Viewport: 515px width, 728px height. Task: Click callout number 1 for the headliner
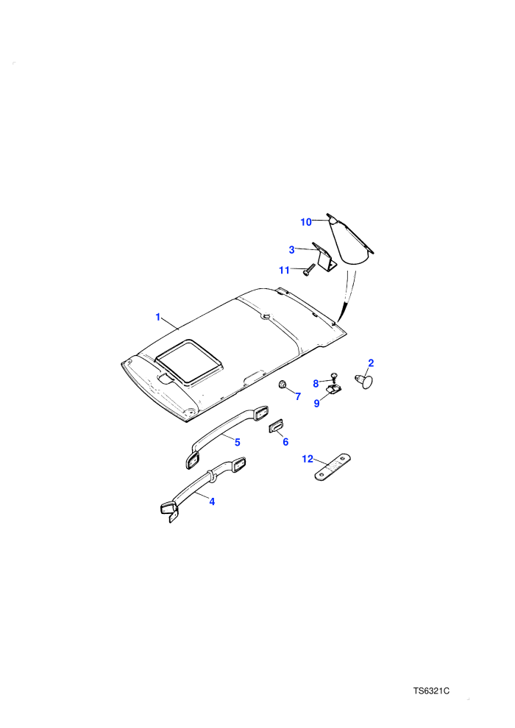[158, 317]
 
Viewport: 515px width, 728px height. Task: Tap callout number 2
[371, 363]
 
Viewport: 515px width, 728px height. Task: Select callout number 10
[306, 222]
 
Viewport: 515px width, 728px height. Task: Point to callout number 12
[308, 459]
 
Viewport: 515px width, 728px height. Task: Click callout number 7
[298, 396]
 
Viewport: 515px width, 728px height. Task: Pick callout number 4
[212, 502]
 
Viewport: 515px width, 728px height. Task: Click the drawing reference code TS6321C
[431, 691]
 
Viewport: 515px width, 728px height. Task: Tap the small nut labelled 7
[282, 385]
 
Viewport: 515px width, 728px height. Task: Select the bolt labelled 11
[309, 269]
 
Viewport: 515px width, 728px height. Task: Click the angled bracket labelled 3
[324, 258]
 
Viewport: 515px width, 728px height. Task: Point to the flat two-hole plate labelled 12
[333, 468]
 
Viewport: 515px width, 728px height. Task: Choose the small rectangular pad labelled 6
[277, 426]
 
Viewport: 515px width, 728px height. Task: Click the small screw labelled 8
[333, 377]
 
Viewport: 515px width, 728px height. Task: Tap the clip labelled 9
[333, 389]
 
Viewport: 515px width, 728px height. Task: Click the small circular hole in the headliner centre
[266, 318]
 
